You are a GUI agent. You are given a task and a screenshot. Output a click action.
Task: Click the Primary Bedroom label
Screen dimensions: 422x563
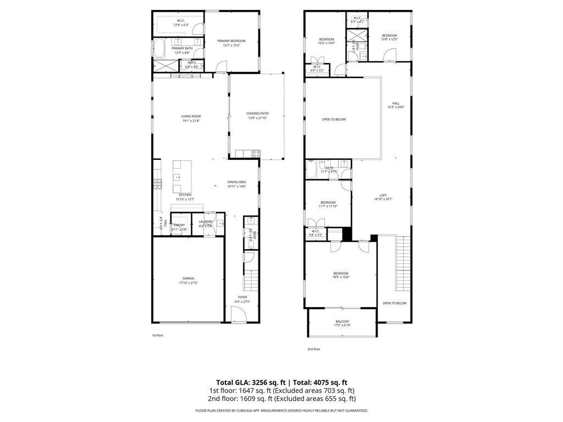tap(231, 43)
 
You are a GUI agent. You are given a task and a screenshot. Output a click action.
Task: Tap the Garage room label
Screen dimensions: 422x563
tap(188, 280)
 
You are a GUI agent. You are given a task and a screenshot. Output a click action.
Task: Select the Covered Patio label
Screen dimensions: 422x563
tap(257, 115)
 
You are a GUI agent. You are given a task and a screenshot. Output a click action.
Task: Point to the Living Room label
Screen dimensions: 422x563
tap(191, 118)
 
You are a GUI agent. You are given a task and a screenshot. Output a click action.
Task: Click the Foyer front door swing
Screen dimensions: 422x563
tap(238, 315)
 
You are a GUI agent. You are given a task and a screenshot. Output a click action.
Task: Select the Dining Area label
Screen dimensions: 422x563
tap(236, 184)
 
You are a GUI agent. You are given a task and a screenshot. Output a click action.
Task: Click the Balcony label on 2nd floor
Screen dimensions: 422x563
tap(342, 323)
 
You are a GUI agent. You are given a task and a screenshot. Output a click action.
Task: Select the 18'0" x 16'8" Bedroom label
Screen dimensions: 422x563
tap(340, 275)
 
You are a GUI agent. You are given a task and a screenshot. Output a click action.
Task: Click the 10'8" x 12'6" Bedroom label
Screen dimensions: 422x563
tap(389, 37)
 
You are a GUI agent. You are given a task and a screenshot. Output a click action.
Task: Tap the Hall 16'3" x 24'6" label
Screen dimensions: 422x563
tap(396, 105)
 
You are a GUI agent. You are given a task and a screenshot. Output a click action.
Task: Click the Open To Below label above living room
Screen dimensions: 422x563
tap(334, 119)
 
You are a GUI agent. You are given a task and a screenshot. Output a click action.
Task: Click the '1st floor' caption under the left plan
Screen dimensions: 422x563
tap(157, 335)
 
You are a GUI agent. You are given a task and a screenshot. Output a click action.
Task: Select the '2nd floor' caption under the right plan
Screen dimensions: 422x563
tap(313, 349)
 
